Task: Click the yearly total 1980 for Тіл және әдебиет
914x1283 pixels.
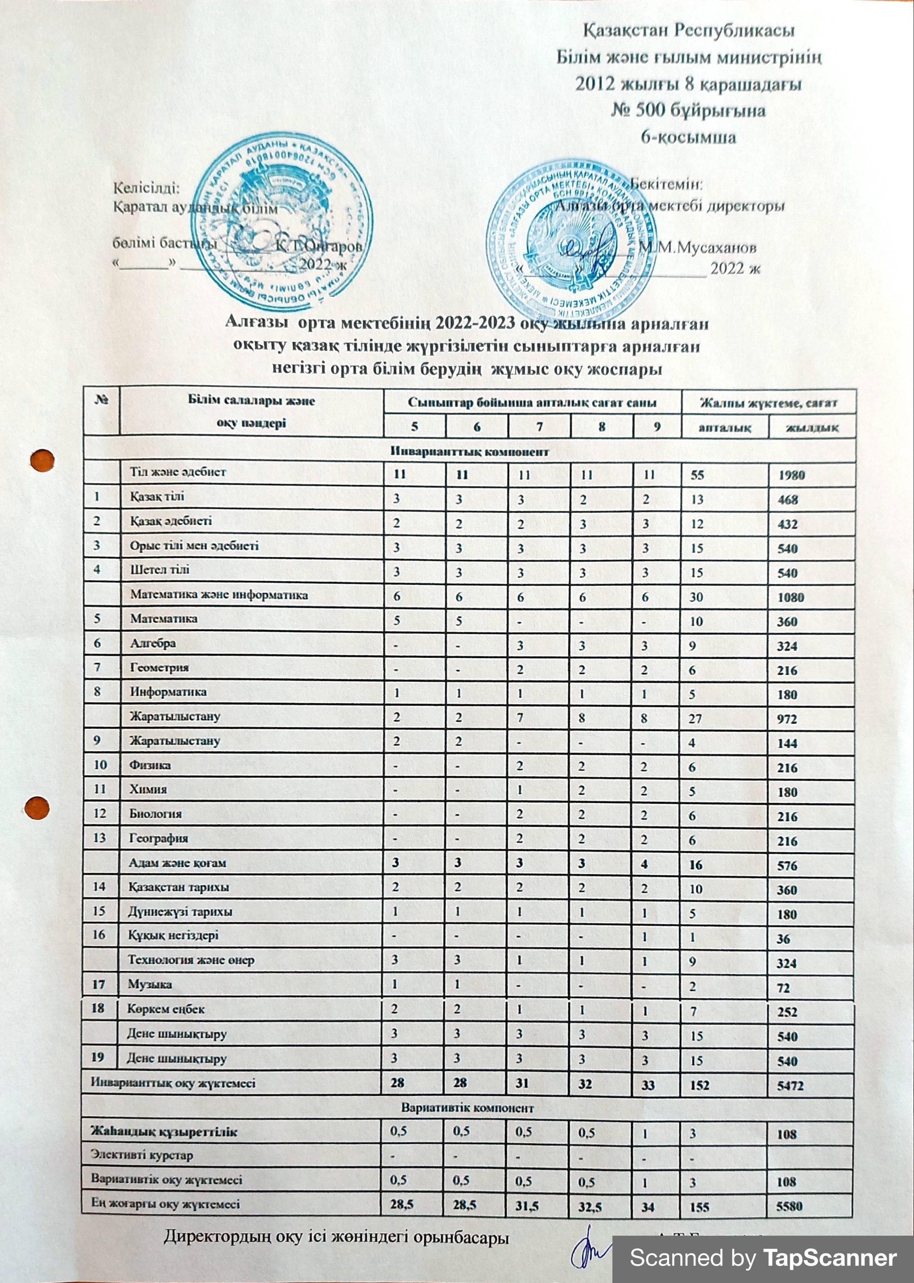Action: point(791,475)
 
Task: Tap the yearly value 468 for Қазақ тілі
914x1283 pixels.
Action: point(787,500)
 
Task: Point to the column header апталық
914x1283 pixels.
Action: point(724,427)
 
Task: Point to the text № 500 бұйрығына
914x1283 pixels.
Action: point(688,110)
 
